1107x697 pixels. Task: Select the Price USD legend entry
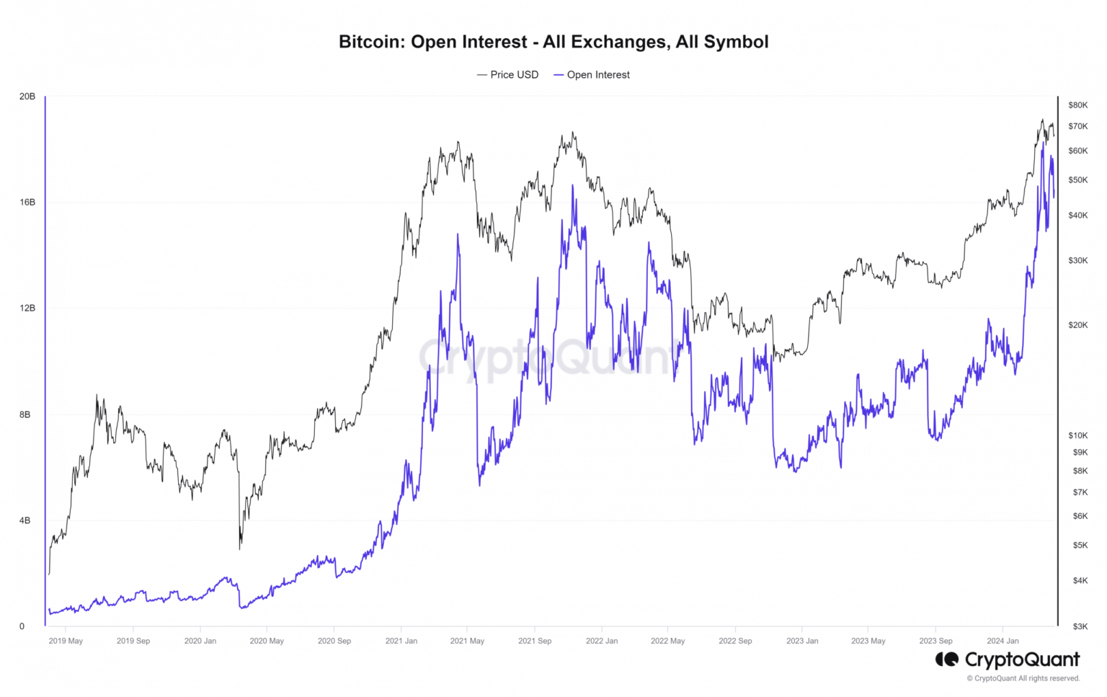[514, 75]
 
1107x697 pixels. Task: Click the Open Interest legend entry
[597, 75]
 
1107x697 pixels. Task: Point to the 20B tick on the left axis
[27, 97]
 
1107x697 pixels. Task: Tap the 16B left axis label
[27, 203]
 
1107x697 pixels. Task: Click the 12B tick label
[27, 308]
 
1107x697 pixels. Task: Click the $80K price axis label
[1077, 105]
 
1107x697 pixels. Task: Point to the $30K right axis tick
[1077, 261]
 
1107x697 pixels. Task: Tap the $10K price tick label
[1077, 435]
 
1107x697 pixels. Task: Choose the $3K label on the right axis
[1080, 626]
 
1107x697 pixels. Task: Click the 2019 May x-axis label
[66, 641]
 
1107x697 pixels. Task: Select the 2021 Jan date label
[401, 641]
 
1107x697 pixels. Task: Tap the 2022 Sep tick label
[735, 641]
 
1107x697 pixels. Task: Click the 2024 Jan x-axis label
[1002, 641]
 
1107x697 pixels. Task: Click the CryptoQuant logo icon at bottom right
[947, 659]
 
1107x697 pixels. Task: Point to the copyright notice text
[1023, 678]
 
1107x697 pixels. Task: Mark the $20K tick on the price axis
[1077, 325]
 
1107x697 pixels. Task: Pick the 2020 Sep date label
[334, 641]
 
